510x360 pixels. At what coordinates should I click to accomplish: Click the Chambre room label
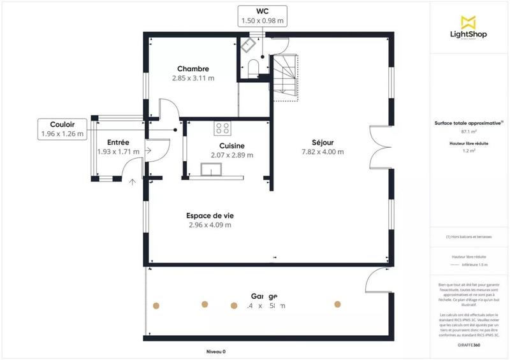[x=193, y=69]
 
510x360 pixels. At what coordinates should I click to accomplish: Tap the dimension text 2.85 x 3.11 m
[x=193, y=78]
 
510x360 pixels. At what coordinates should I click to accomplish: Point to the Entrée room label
[x=119, y=142]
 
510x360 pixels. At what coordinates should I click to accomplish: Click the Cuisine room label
[x=228, y=145]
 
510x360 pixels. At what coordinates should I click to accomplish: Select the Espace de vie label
[x=210, y=215]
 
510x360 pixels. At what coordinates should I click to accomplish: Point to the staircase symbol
[x=286, y=76]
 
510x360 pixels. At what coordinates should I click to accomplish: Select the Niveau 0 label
[x=216, y=351]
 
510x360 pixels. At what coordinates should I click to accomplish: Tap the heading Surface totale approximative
[x=469, y=124]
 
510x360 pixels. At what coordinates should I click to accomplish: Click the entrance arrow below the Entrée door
[x=133, y=182]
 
